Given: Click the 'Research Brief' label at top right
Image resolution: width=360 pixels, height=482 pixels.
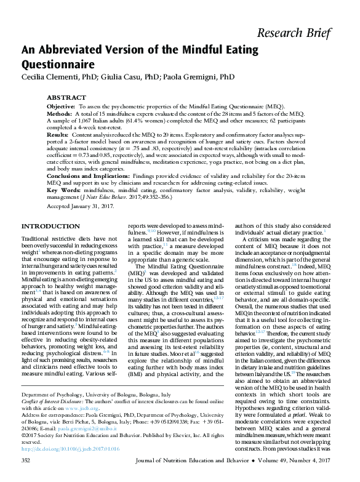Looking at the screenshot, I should click(x=303, y=33).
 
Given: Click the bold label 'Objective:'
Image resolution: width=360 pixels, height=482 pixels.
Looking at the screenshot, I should click(x=61, y=106).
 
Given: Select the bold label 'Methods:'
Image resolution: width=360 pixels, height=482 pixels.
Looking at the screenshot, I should click(x=60, y=114).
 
